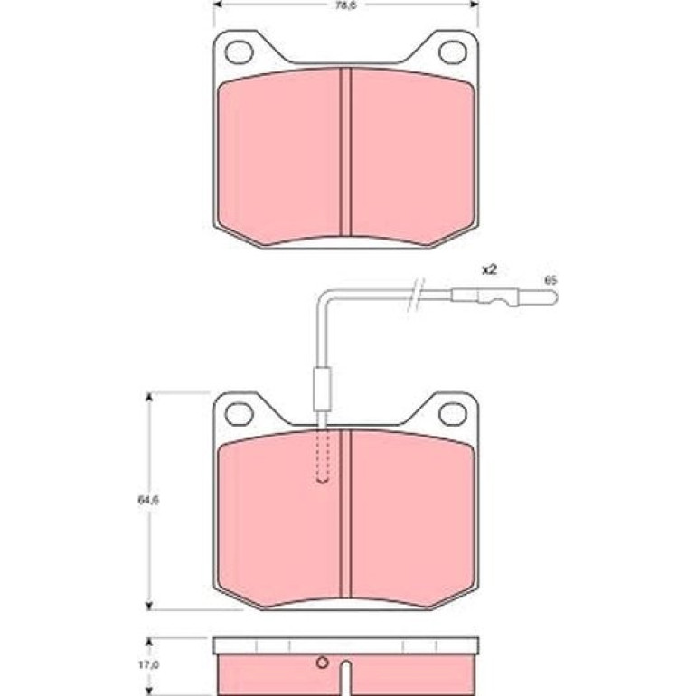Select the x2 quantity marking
click(489, 270)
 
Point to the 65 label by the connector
click(550, 281)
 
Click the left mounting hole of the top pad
click(240, 52)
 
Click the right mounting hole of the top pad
click(453, 52)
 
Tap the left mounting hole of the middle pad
click(240, 414)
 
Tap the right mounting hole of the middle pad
click(453, 414)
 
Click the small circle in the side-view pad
click(323, 663)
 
